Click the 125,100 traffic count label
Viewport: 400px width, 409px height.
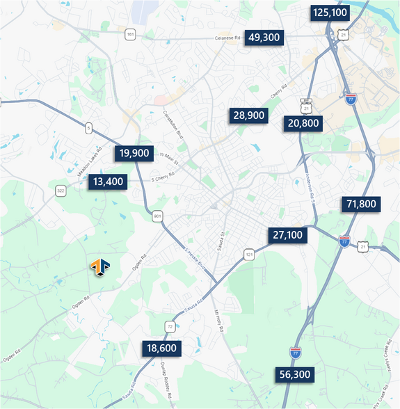[330, 13]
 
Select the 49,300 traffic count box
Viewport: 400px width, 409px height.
[264, 38]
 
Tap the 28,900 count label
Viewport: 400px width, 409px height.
[249, 115]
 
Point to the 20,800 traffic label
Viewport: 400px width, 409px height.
[303, 124]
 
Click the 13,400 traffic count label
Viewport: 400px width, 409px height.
[108, 182]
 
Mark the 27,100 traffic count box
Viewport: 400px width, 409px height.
[288, 235]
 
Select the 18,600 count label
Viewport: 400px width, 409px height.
[162, 348]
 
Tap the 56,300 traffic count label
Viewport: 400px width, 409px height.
[294, 375]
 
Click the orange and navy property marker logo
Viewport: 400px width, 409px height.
[99, 266]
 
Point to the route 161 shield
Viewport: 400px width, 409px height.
[130, 34]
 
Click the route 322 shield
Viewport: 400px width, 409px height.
[61, 191]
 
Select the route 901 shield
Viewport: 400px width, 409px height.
[157, 216]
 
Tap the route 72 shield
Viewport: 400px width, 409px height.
[170, 326]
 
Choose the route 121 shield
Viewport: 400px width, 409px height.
[249, 257]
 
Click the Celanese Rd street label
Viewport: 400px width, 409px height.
[227, 38]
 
